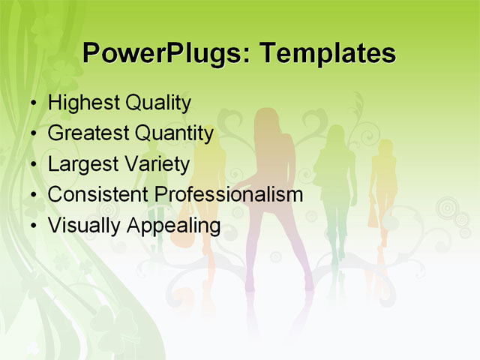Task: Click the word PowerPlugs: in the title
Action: coord(163,53)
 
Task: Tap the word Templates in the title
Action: coord(325,53)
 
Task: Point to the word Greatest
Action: coord(88,133)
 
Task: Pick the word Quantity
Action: coord(175,133)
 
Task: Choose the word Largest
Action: coord(81,164)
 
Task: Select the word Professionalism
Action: coord(228,194)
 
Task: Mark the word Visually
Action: coord(82,225)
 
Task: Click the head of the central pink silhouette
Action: coord(267,120)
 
